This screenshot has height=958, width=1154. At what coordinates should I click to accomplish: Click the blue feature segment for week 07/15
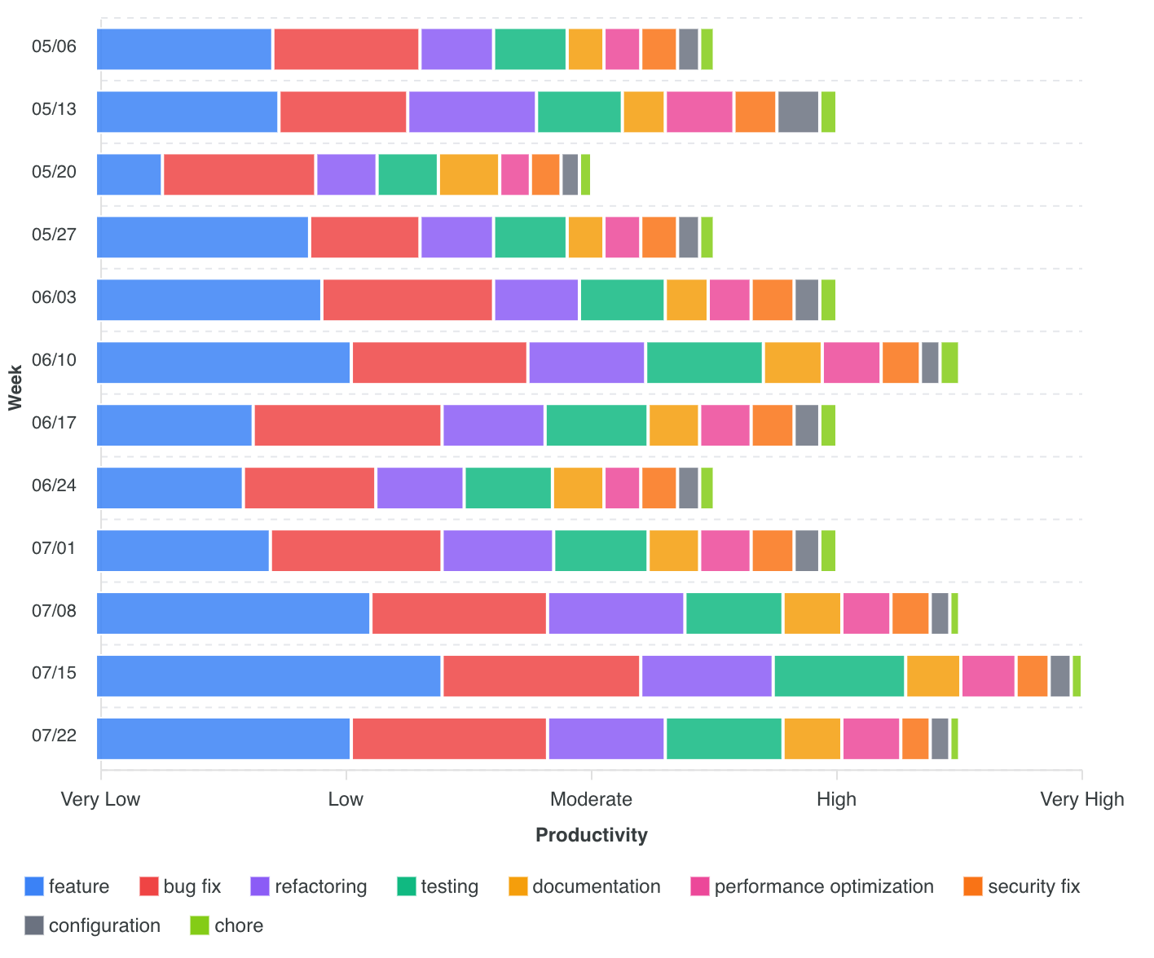(269, 676)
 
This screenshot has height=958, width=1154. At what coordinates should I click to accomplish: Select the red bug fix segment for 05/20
(239, 174)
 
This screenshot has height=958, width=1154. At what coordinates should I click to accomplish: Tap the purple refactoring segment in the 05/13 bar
(472, 112)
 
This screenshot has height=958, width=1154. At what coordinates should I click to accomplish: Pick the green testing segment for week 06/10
(704, 363)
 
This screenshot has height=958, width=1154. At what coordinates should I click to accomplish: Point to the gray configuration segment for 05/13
(798, 112)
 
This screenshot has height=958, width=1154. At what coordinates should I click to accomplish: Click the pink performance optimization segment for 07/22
(871, 739)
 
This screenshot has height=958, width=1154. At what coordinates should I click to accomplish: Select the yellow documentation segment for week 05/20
(469, 174)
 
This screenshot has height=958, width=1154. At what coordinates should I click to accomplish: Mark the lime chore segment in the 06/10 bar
(949, 363)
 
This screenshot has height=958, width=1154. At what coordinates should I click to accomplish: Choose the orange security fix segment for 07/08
(910, 613)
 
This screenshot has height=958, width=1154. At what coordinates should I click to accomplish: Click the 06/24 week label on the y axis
(55, 486)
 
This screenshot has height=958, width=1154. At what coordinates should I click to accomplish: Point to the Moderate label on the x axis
(592, 799)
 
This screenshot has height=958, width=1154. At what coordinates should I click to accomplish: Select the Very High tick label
(1081, 799)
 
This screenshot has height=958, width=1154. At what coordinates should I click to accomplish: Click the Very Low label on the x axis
(101, 799)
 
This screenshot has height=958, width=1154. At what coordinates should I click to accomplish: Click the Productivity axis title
(592, 835)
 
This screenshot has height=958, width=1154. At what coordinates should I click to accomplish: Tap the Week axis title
(15, 387)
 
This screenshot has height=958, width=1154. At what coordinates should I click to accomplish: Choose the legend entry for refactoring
(309, 886)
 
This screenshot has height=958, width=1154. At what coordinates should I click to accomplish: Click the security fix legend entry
(1022, 886)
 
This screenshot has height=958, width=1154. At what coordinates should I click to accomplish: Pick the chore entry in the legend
(227, 925)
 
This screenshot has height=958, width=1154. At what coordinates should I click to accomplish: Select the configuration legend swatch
(34, 925)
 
